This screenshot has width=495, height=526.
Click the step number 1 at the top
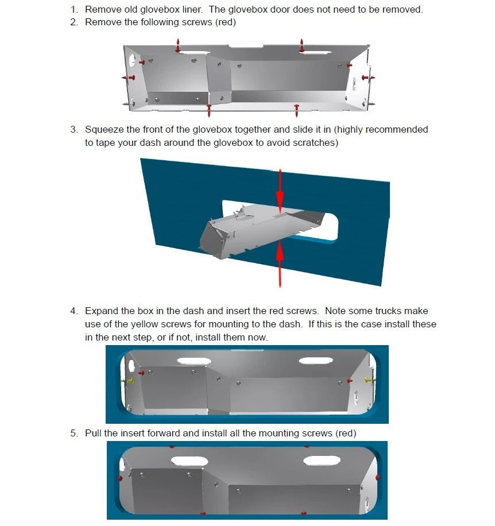click(73, 10)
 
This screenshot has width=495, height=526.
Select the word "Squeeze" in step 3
click(105, 130)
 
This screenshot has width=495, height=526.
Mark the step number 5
click(73, 433)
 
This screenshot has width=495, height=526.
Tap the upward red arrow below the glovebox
click(280, 264)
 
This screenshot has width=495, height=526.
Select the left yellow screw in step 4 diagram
click(127, 380)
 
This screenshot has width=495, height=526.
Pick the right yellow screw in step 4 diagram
click(369, 380)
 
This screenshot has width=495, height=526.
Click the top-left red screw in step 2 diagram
click(178, 45)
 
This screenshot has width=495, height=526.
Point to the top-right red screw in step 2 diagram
click(302, 44)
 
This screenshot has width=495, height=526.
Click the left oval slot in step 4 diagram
click(194, 361)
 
